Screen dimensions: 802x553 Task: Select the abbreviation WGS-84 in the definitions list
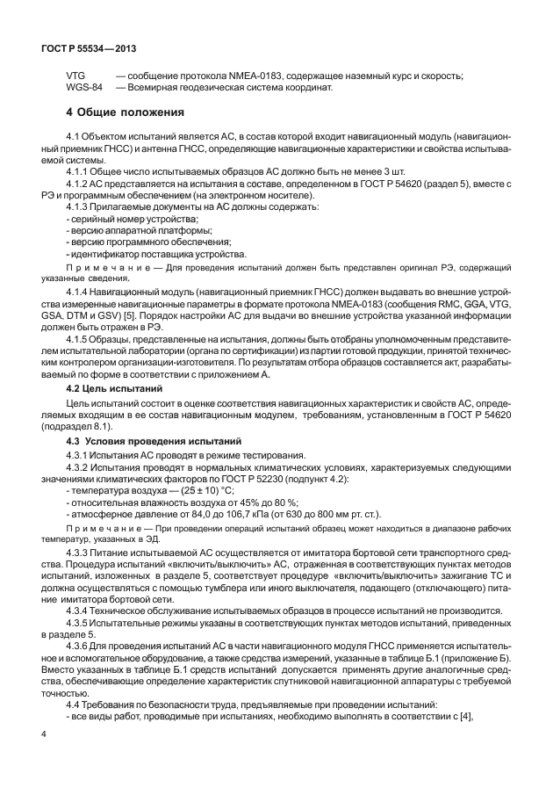point(84,88)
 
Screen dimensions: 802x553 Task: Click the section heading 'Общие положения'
point(132,112)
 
